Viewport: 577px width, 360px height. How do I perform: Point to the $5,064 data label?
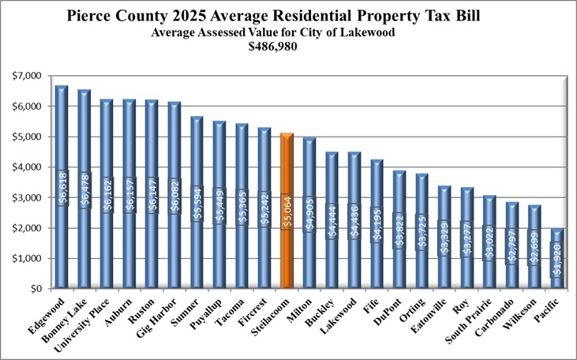point(287,211)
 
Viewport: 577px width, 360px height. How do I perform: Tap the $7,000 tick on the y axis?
point(26,76)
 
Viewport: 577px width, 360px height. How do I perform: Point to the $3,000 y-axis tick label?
point(26,197)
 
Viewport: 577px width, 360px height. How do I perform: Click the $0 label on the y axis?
point(33,289)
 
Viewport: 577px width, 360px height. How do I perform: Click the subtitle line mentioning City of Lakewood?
point(289,32)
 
